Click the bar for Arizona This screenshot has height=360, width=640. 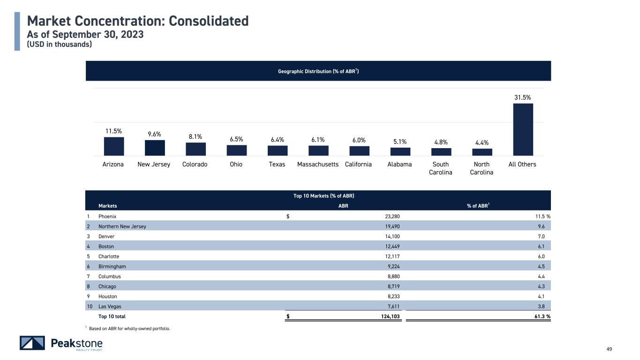114,146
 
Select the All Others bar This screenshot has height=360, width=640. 523,129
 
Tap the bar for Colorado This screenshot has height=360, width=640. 196,149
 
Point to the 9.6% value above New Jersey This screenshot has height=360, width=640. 154,134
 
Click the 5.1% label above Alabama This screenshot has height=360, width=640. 400,142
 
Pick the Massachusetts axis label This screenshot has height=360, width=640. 318,164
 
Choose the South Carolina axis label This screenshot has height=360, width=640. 441,168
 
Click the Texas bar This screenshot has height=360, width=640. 278,150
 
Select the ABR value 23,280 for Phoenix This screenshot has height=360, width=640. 392,217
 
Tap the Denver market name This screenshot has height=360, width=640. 106,237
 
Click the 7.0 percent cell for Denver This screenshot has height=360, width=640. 541,237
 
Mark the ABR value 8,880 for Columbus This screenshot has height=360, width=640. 393,277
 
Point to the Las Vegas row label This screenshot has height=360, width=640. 110,307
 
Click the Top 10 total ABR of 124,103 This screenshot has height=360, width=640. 390,316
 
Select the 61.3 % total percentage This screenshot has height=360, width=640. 542,316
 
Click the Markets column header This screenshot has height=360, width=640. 107,206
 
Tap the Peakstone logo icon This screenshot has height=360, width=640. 32,343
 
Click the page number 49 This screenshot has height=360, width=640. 609,349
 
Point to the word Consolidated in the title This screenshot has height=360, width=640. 209,21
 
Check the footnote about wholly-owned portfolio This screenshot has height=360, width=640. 129,329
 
